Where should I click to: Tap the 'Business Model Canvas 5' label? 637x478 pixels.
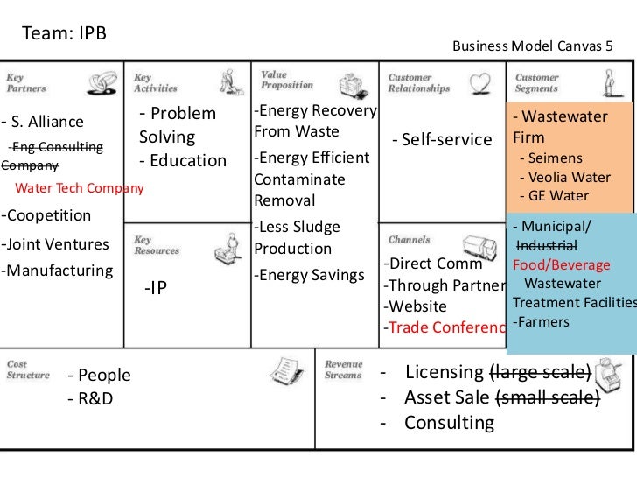click(532, 44)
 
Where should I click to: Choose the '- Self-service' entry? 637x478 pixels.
click(442, 140)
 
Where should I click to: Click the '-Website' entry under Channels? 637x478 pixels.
click(415, 306)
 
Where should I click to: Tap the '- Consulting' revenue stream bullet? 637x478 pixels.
click(438, 424)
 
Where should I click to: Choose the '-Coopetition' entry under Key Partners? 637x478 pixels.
click(45, 215)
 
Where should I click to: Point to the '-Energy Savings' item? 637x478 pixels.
click(309, 276)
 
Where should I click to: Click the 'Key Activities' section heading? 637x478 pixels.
click(155, 83)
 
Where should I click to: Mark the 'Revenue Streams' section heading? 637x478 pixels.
click(343, 369)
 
